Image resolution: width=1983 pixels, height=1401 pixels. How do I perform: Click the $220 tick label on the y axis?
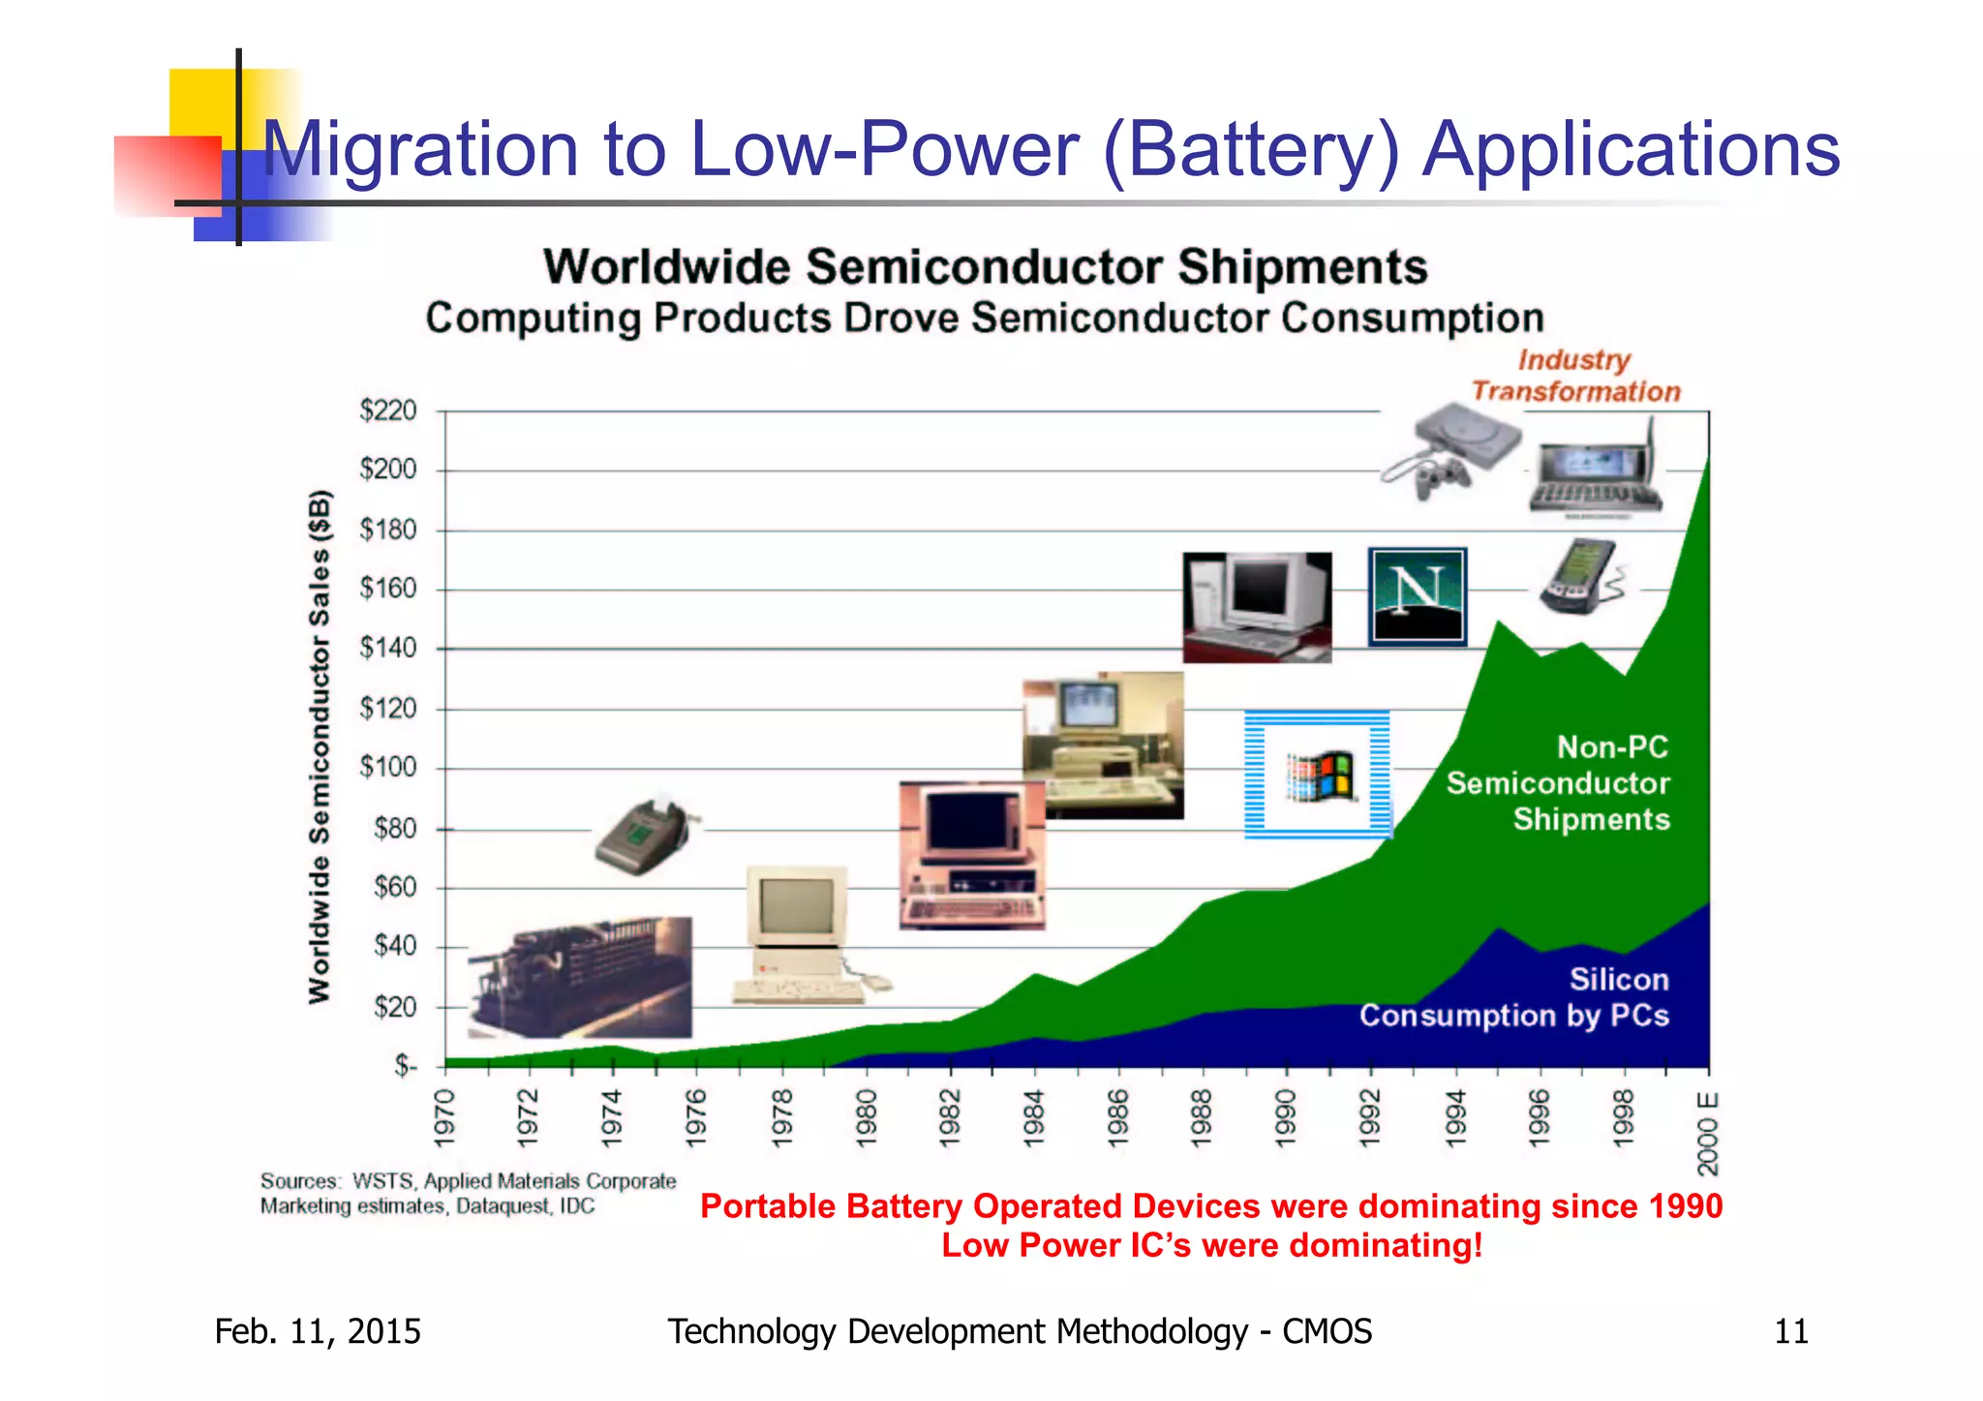(x=387, y=411)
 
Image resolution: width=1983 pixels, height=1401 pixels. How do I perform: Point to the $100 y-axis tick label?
(x=387, y=768)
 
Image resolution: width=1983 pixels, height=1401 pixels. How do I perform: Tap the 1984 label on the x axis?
(x=1034, y=1117)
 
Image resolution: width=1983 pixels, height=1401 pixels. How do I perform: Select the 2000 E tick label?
(x=1708, y=1133)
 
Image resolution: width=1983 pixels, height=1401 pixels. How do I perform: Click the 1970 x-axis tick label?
(x=444, y=1117)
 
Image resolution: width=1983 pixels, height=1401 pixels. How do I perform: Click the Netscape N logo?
(x=1417, y=596)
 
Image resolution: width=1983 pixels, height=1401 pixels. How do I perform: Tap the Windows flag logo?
(x=1318, y=775)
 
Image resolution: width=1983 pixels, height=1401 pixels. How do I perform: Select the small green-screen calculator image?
(x=644, y=837)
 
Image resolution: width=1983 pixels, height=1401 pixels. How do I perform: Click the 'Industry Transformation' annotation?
(x=1575, y=376)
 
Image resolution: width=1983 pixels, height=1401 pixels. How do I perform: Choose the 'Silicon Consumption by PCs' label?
(x=1514, y=997)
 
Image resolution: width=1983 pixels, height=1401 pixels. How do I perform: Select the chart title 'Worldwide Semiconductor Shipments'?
(x=985, y=267)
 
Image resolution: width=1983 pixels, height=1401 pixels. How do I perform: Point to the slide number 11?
(x=1790, y=1331)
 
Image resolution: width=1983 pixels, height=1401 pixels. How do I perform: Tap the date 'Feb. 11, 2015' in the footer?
(x=318, y=1331)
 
